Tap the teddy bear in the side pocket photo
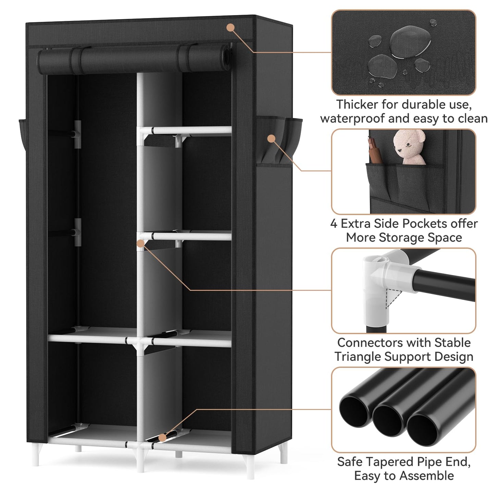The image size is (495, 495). coord(409,147)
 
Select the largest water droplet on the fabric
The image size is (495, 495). coord(410,41)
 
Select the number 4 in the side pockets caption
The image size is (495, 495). coord(334,224)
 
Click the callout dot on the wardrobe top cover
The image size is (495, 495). coord(231,27)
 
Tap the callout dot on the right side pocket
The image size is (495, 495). coord(271,138)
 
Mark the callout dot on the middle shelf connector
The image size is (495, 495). coord(140,244)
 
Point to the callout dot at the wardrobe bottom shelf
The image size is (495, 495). coord(162,438)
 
